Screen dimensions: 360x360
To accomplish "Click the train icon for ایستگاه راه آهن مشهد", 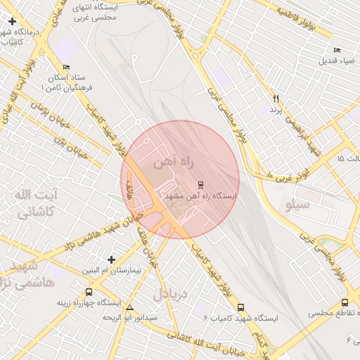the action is pos(201,185).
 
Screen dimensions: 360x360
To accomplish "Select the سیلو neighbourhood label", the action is pos(297,205).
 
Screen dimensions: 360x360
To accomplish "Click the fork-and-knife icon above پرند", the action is pos(276,99).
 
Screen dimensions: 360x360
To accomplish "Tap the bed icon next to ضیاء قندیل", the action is pos(337,50).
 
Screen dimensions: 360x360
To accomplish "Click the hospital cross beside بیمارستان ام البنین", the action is pos(111,259).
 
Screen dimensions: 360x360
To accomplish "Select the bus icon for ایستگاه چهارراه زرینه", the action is pos(89,292).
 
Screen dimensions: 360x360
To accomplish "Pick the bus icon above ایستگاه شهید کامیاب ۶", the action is pos(241,307).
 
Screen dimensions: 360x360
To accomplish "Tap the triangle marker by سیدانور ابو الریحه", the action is pos(129,308).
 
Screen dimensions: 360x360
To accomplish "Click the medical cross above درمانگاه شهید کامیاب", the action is pos(12,22).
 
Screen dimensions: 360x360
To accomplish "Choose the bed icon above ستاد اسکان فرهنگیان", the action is pos(66,67).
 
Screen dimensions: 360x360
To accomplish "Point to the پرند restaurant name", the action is pos(275,110).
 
